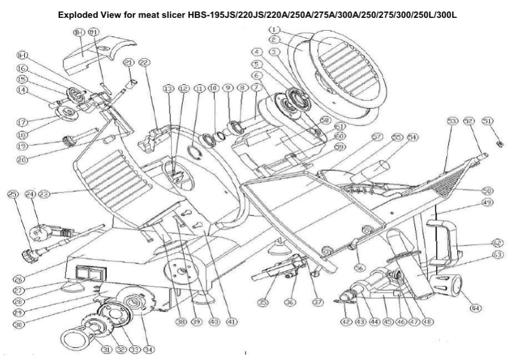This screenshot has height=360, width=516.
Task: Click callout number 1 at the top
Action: point(275,29)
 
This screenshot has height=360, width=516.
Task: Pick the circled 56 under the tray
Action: point(360,267)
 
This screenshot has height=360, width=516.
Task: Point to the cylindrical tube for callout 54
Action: point(376,168)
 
